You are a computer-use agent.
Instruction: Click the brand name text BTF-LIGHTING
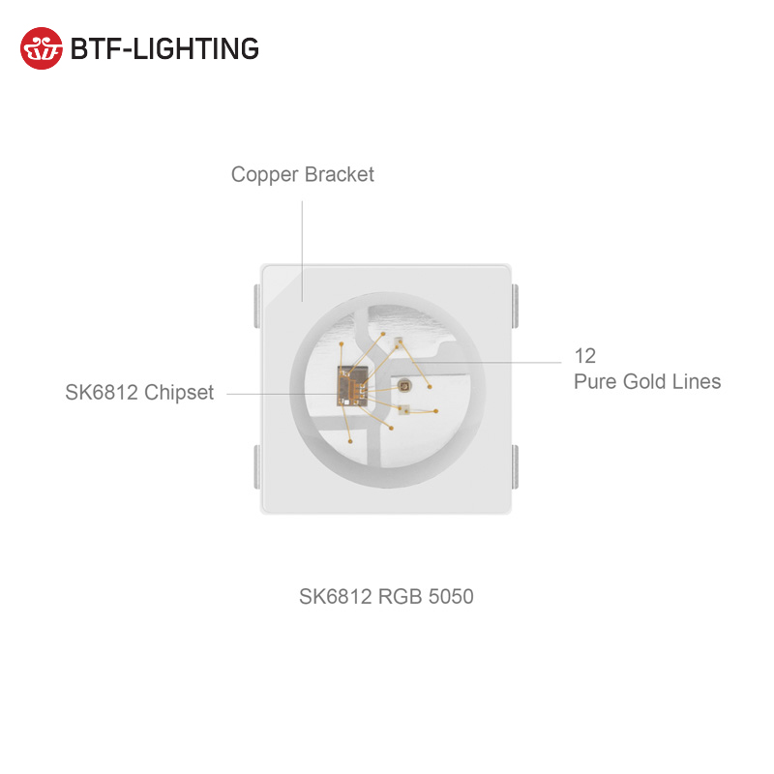click(164, 48)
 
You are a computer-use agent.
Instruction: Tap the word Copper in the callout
click(265, 175)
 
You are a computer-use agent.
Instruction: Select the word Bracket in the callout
click(339, 175)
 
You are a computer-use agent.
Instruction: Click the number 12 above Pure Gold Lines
click(584, 356)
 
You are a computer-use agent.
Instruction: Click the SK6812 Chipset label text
click(139, 393)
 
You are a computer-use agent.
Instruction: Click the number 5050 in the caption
click(450, 597)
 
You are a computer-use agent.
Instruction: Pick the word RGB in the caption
click(401, 597)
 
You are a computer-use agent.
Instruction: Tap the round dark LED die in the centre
click(404, 385)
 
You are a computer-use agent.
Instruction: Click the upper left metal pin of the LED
click(254, 306)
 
